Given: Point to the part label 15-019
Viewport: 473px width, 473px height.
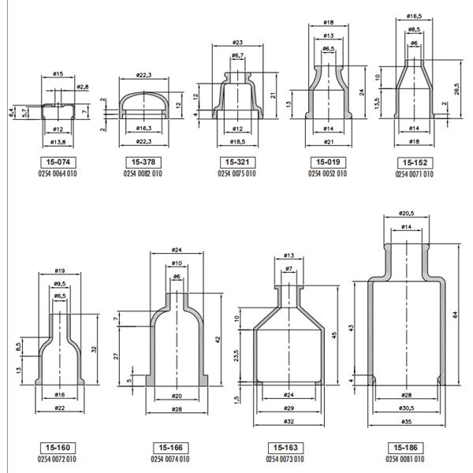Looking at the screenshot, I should click(327, 162).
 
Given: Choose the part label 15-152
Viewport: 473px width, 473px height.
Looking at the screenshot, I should click(415, 163).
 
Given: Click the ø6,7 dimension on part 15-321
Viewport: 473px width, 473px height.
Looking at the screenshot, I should click(236, 56).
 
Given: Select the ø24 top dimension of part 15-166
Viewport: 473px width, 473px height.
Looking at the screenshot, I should click(177, 250).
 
